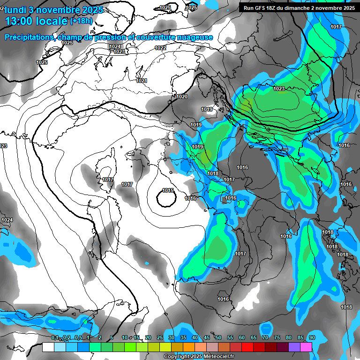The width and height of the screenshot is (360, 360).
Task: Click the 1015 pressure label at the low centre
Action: [x=168, y=190]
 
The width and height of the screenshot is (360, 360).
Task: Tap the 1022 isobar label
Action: [x=160, y=48]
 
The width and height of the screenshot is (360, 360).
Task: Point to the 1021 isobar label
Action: [x=142, y=81]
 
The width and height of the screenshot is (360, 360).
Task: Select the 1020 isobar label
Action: [x=182, y=97]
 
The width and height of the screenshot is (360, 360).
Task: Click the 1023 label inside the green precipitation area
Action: [x=279, y=89]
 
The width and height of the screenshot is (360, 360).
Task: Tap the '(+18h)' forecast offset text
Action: [x=81, y=21]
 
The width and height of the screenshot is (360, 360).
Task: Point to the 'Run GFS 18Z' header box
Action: [x=298, y=7]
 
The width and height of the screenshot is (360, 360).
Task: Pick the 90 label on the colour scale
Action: [x=312, y=337]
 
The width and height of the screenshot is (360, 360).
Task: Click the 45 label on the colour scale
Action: [x=207, y=337]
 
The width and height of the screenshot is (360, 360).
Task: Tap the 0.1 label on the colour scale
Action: [x=55, y=337]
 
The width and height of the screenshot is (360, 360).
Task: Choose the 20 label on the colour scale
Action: [x=148, y=337]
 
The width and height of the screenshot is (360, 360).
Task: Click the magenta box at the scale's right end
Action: [x=306, y=347]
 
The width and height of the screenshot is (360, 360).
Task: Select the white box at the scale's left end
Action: [x=48, y=347]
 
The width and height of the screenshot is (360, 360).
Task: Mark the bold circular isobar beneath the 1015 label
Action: [x=166, y=200]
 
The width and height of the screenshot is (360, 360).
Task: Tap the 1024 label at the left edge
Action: [x=7, y=220]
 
